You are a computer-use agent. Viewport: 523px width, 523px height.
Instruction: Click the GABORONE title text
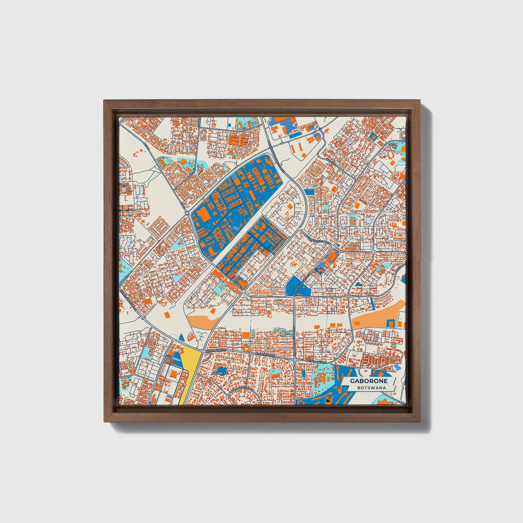(369, 381)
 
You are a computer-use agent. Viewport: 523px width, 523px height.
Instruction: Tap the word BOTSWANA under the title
(371, 388)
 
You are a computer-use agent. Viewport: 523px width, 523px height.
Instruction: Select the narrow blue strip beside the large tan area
(371, 302)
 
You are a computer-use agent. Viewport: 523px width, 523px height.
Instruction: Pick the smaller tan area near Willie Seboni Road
(202, 321)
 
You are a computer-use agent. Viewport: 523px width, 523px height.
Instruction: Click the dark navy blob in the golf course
(328, 400)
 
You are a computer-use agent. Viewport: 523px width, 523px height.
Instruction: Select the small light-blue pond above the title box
(397, 367)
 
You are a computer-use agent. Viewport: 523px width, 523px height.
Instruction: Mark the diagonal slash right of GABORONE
(394, 381)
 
